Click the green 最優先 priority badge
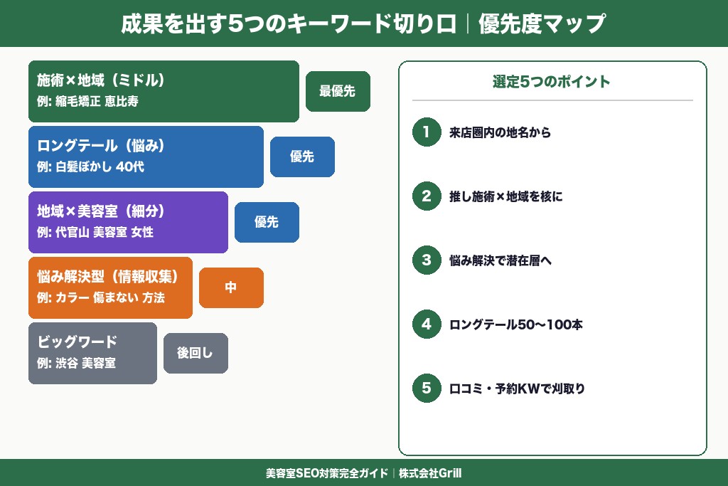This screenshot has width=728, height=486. point(338,91)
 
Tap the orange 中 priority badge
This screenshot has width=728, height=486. point(231,287)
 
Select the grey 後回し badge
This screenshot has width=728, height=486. point(196,353)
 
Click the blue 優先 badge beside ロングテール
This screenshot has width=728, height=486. point(302,157)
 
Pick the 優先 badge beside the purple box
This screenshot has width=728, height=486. point(267,222)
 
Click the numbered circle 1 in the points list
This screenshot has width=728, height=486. point(427,132)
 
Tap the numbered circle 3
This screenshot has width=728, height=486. point(427,260)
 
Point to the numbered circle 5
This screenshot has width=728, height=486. point(427,388)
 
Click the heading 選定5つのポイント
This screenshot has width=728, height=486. point(552,81)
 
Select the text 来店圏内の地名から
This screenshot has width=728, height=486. point(500,132)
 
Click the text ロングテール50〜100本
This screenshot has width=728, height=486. point(516,324)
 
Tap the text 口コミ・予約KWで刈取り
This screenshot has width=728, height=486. point(517,389)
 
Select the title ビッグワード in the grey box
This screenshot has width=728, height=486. point(77,342)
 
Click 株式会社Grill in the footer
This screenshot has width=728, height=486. point(431,473)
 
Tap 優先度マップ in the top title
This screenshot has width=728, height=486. point(542,23)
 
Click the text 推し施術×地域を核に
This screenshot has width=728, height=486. point(505,196)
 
